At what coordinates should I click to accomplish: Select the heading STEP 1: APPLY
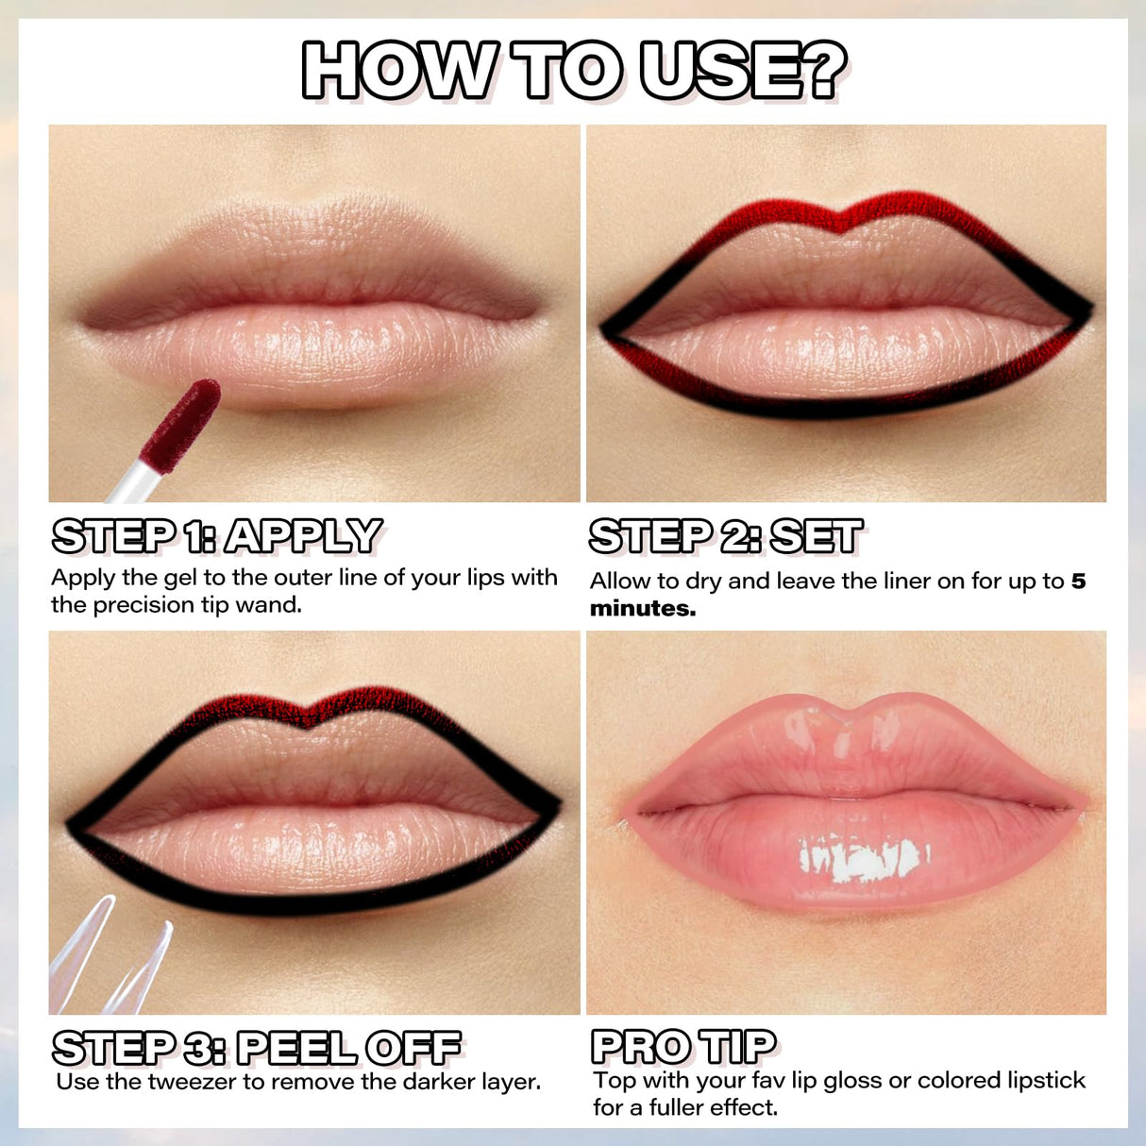(x=217, y=536)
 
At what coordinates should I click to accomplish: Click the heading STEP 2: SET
(x=725, y=536)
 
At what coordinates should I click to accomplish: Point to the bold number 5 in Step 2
(x=1078, y=581)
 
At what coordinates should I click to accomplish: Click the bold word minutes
(x=642, y=609)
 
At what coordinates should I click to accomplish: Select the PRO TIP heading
(x=683, y=1046)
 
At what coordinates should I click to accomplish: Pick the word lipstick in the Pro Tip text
(x=1044, y=1080)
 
